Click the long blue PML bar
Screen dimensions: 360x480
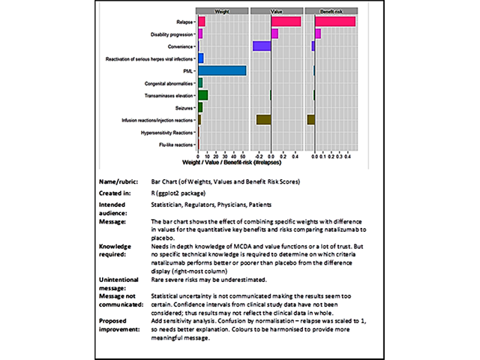click(x=222, y=70)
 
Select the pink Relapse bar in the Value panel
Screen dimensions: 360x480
click(x=286, y=21)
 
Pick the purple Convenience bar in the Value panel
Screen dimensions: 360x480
click(x=262, y=46)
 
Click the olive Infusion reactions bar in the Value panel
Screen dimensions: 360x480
click(x=263, y=119)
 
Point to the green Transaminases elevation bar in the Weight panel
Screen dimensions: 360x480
click(x=202, y=95)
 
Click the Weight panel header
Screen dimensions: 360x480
click(x=222, y=11)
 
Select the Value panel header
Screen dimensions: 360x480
click(x=277, y=11)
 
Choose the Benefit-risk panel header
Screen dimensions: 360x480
click(x=331, y=11)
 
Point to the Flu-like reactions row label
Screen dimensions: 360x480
click(x=174, y=145)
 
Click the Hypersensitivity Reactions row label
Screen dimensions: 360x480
click(x=167, y=133)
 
